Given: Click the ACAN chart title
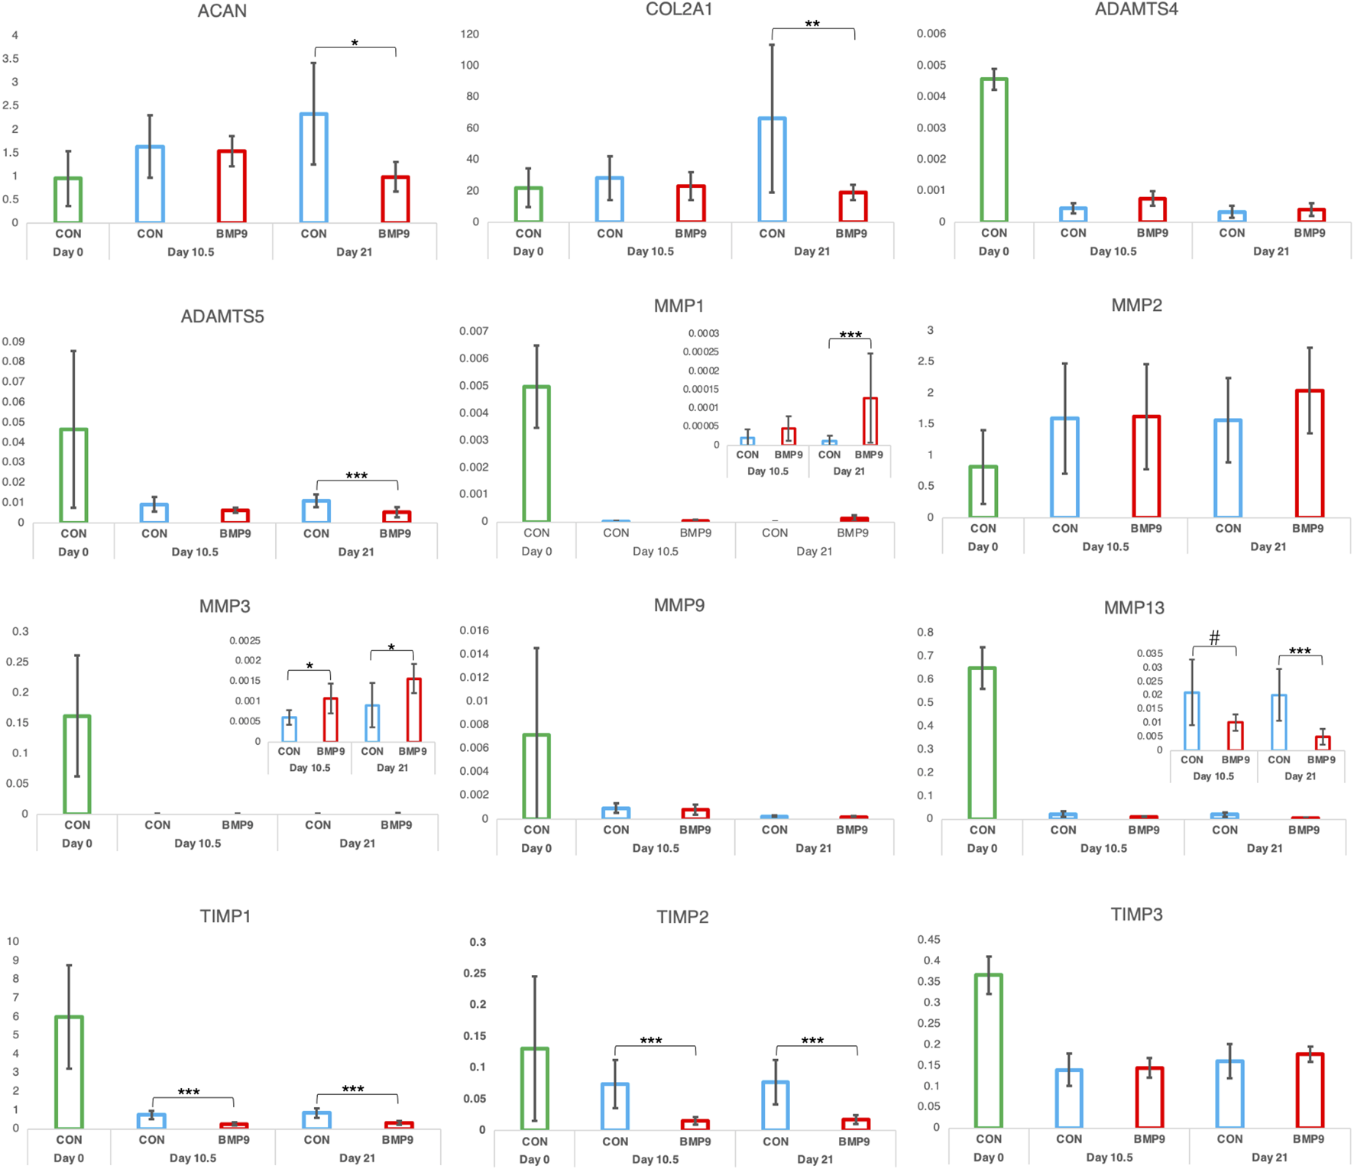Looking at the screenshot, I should pos(222,11).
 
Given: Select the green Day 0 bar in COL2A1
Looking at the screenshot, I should pos(528,204).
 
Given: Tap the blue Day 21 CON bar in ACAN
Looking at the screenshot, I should pos(313,168).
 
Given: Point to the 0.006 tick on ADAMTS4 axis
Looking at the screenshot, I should pos(931,34).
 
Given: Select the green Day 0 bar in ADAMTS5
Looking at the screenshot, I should pos(73,475).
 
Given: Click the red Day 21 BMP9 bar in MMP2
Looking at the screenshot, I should pos(1309,454).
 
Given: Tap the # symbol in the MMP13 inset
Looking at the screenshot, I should pos(1214,637).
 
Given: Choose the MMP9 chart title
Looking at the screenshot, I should pos(679,606).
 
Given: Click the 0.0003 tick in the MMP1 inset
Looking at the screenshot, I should pos(703,334).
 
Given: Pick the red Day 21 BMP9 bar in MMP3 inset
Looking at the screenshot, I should pos(413,710).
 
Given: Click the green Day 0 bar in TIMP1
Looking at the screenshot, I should pos(69,1072).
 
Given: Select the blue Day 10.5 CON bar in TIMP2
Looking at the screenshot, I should pos(615,1106).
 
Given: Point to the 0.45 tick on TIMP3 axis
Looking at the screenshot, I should pos(928,940).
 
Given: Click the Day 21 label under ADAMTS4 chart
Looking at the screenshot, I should pos(1271,251).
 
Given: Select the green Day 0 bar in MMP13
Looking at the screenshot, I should pos(982,743).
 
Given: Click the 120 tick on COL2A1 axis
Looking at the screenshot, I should pos(470,34).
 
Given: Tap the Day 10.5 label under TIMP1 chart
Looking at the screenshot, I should pos(193,1158).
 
